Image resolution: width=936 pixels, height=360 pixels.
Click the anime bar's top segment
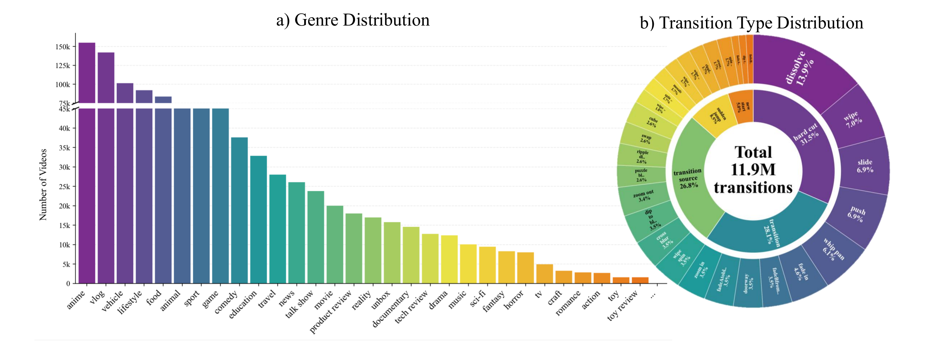[x=87, y=73]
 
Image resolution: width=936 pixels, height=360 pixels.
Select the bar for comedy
[x=239, y=211]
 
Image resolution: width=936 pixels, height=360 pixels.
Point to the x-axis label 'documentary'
[x=391, y=309]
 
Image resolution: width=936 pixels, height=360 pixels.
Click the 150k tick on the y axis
[x=63, y=47]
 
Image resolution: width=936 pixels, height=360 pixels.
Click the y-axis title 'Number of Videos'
[x=43, y=185]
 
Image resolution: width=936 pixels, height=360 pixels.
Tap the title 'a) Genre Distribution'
[x=353, y=20]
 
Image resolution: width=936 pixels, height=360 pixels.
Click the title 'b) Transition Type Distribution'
[x=751, y=23]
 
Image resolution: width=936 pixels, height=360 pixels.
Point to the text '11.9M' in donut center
[x=753, y=170]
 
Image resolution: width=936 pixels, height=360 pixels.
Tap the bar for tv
[x=544, y=274]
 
